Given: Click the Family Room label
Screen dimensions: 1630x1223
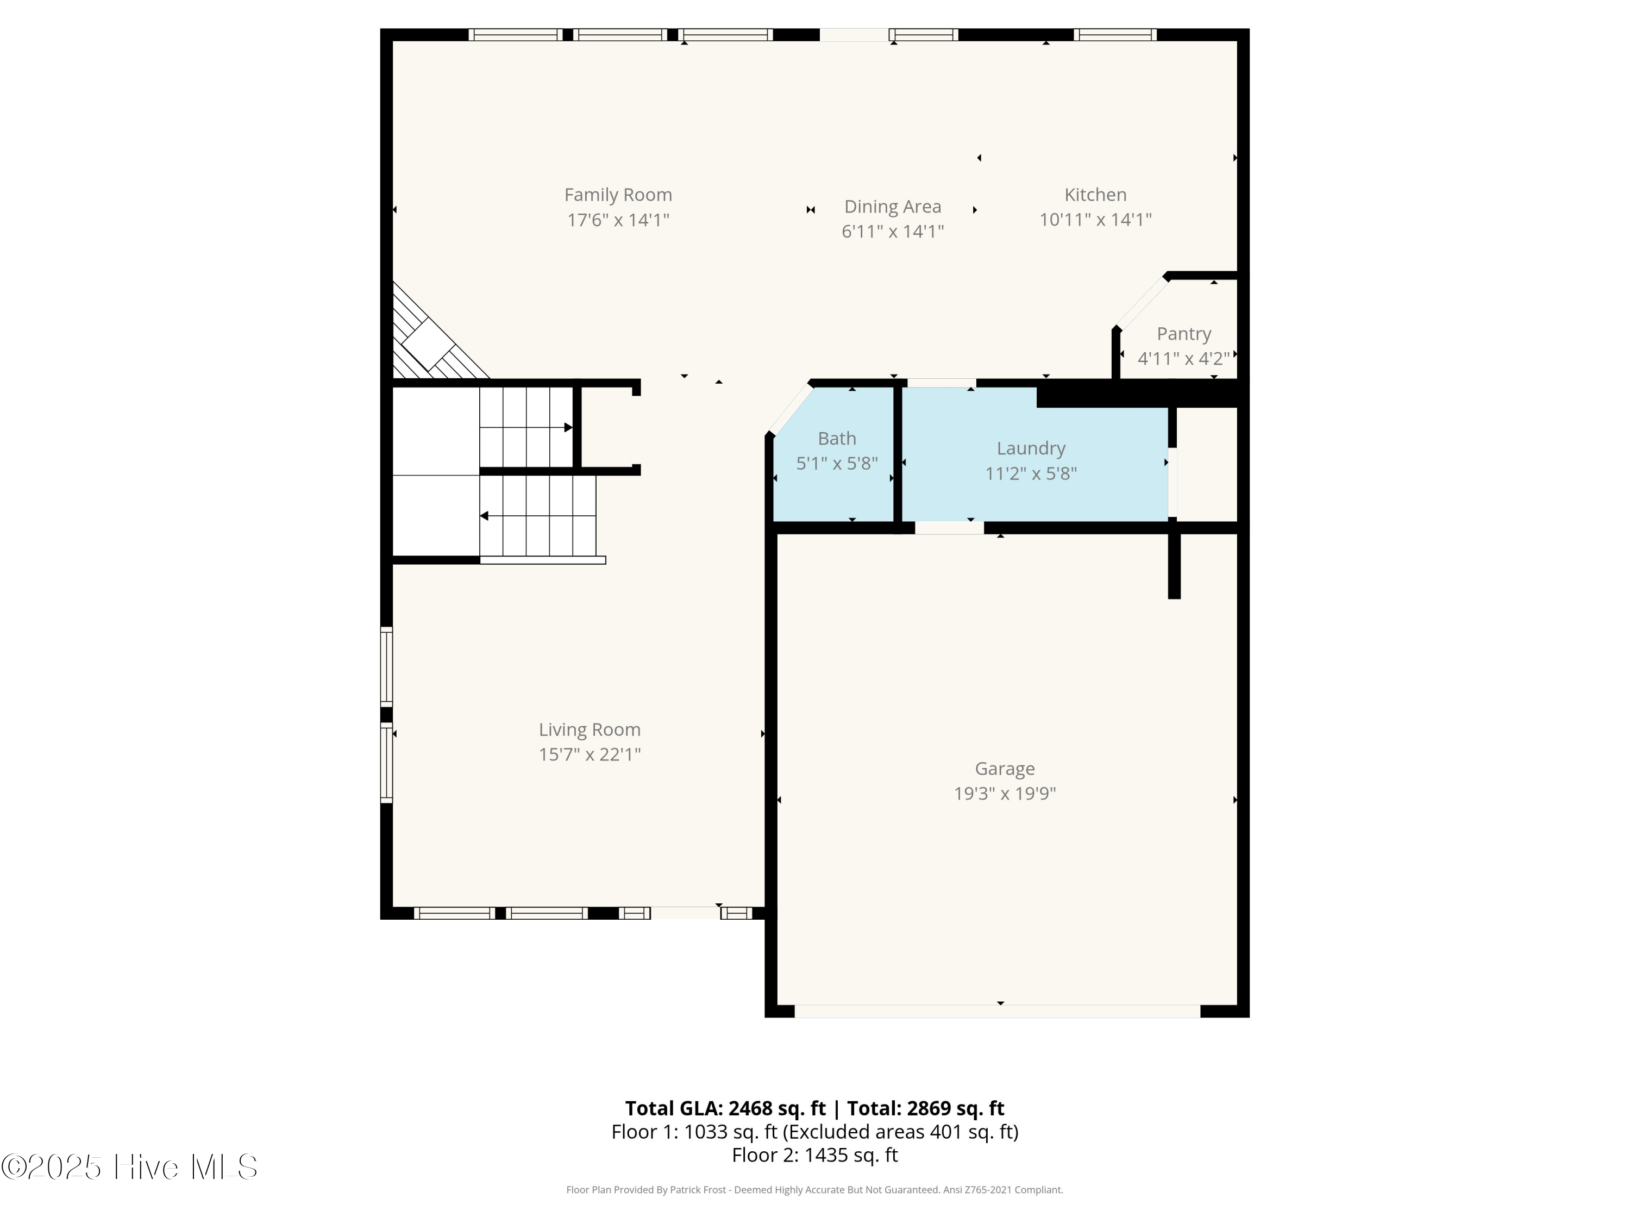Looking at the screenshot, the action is [618, 195].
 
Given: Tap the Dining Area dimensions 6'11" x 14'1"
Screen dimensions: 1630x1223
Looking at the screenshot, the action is [892, 232].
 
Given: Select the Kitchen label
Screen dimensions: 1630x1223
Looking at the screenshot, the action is [1095, 195].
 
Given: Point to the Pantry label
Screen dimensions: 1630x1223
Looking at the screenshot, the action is [1183, 334].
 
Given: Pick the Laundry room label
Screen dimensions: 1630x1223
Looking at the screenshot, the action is [1030, 448].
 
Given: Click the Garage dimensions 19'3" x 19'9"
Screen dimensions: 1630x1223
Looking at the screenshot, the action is [1005, 793].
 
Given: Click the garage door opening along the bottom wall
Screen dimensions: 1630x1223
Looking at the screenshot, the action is [997, 1010].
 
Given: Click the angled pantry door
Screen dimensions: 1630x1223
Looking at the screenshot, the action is [1142, 303].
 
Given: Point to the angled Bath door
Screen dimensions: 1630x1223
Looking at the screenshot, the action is [790, 409].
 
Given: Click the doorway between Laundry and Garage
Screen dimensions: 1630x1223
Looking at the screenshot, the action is [949, 528].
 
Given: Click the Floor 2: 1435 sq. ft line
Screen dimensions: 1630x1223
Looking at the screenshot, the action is [814, 1155].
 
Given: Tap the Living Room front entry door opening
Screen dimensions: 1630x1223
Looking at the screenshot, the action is [685, 913].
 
